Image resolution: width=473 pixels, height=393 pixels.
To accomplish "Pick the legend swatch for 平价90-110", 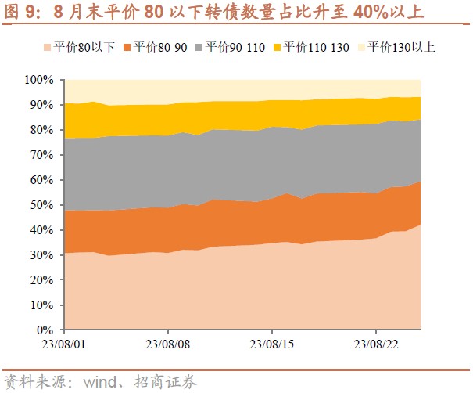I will (206, 47).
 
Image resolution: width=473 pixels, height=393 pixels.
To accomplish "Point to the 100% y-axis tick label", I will (39, 80).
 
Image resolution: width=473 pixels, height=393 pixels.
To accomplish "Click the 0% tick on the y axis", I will (45, 330).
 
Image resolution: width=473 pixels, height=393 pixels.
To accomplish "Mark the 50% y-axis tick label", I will (42, 205).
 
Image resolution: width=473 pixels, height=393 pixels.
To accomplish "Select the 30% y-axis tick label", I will (42, 255).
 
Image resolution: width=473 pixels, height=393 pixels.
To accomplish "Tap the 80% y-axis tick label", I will (42, 130).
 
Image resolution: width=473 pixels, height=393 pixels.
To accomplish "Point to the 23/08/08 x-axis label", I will (167, 344).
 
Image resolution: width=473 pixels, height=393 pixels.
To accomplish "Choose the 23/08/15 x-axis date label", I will (271, 344).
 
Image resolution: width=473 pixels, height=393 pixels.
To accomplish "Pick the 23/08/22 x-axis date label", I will (376, 344).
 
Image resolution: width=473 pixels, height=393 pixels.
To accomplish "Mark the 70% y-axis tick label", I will (42, 155).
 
